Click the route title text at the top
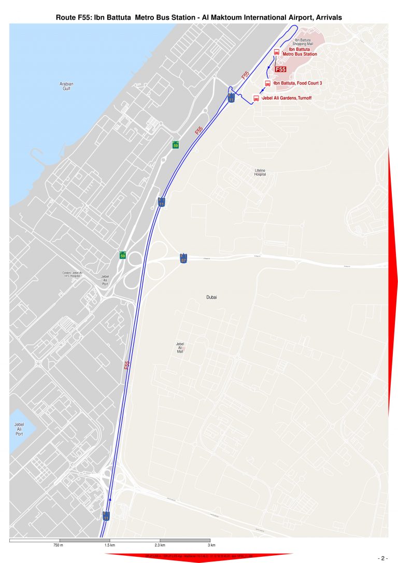(x=198, y=18)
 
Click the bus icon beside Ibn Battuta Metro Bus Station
(x=276, y=52)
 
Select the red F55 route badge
(x=280, y=69)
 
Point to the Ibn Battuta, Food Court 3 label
(x=297, y=83)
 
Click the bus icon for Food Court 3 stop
(x=268, y=83)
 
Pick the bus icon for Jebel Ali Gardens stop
(x=256, y=98)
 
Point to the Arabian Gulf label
(x=66, y=86)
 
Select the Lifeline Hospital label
(x=260, y=173)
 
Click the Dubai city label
(x=211, y=297)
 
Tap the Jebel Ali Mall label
(x=180, y=347)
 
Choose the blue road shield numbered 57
(x=183, y=258)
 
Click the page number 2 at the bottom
(x=383, y=558)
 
